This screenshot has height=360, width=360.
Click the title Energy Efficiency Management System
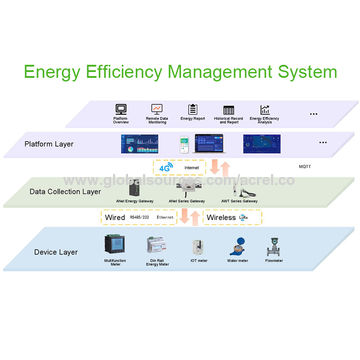(180, 72)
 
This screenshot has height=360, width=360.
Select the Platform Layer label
(51, 144)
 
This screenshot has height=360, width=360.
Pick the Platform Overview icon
(121, 108)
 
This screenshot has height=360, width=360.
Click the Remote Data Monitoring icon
(157, 108)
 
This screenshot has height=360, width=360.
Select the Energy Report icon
(192, 108)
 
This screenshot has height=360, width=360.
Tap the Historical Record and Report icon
(229, 108)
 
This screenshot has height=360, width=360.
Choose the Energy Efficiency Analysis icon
(266, 109)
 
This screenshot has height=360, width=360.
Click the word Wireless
(222, 216)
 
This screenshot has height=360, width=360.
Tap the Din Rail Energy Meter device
(153, 247)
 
